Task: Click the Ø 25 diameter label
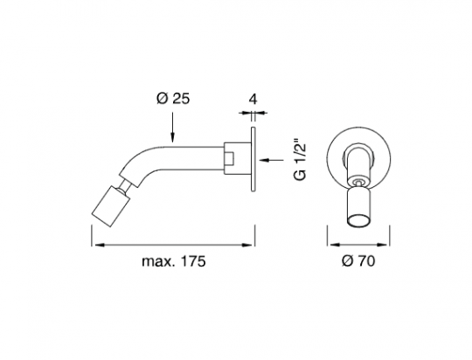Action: click(173, 98)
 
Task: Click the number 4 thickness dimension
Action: click(253, 99)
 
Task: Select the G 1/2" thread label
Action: click(300, 160)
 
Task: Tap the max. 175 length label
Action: click(174, 261)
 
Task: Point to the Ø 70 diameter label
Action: click(358, 260)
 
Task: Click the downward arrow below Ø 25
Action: click(172, 127)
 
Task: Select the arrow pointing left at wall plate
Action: click(271, 160)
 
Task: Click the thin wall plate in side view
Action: click(253, 159)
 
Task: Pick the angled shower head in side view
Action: click(111, 206)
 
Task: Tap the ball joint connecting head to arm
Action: click(125, 188)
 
